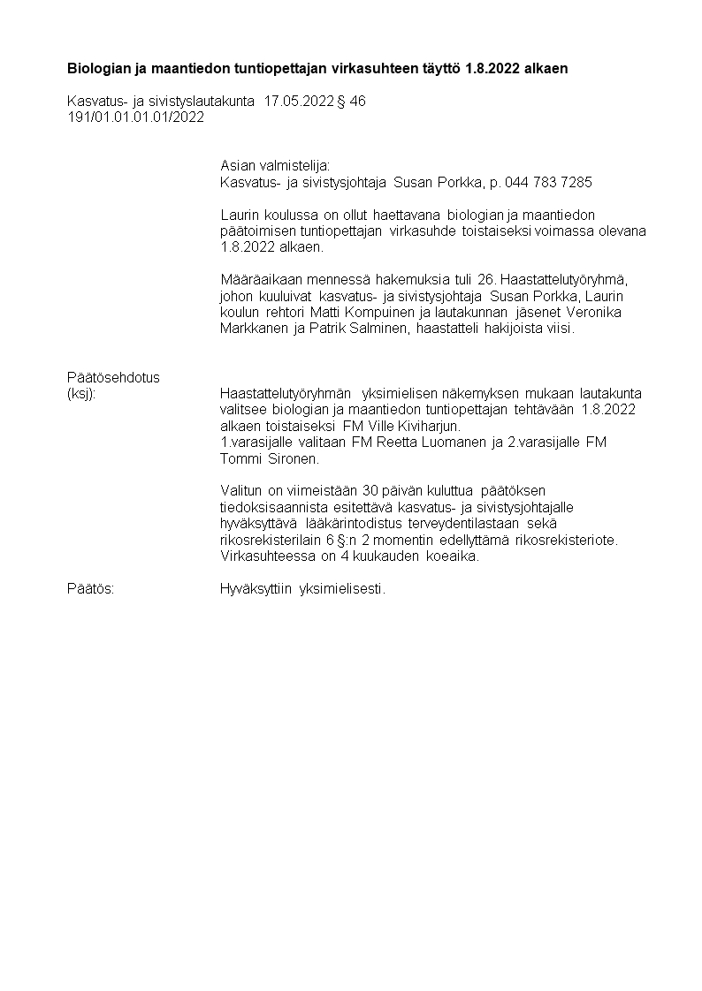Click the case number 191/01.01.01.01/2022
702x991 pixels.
[x=135, y=116]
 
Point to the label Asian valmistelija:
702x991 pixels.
[x=275, y=165]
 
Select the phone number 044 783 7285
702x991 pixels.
[x=548, y=182]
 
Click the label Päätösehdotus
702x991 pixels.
[x=114, y=377]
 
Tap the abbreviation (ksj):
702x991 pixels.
[x=81, y=393]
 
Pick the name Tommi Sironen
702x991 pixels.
[x=269, y=458]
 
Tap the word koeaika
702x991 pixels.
[x=454, y=556]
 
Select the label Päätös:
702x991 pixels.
[x=91, y=588]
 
